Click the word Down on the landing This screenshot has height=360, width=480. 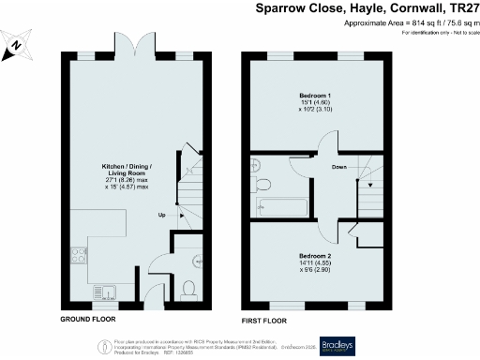(340, 168)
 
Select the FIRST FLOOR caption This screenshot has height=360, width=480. (266, 319)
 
